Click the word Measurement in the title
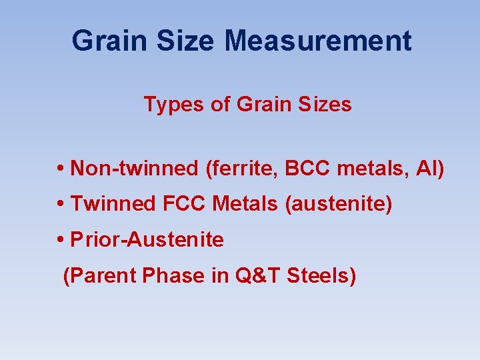[x=318, y=41]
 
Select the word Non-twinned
[x=134, y=168]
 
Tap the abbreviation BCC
[x=308, y=168]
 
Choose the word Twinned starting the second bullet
[x=113, y=204]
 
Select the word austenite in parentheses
[x=338, y=204]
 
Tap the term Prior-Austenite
[x=147, y=240]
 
